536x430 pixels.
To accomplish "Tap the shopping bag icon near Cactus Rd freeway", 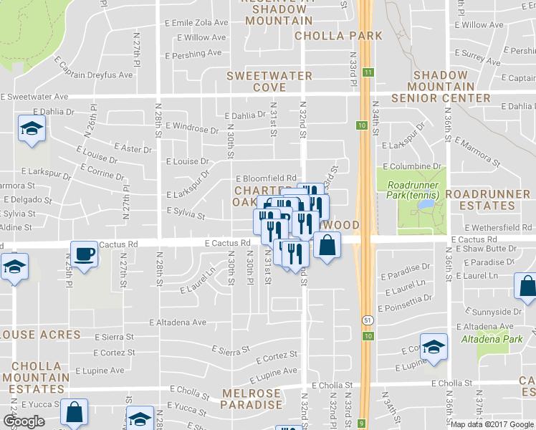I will pyautogui.click(x=327, y=246).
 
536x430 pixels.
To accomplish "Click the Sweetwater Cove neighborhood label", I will pyautogui.click(x=269, y=82).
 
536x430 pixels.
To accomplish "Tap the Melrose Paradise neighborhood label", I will pyautogui.click(x=252, y=399).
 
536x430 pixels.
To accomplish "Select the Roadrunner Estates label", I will pyautogui.click(x=490, y=200).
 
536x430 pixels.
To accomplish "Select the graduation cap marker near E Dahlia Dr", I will pyautogui.click(x=32, y=129).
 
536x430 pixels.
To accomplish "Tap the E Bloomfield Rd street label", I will pyautogui.click(x=267, y=178).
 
